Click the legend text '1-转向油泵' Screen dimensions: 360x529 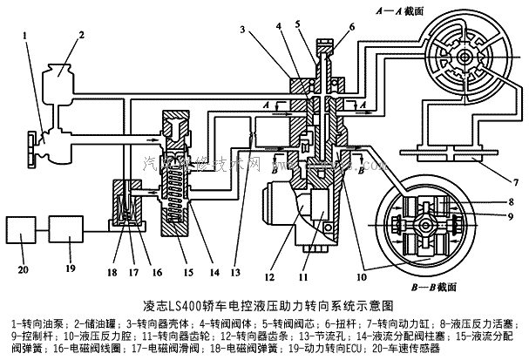pyautogui.click(x=31, y=324)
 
